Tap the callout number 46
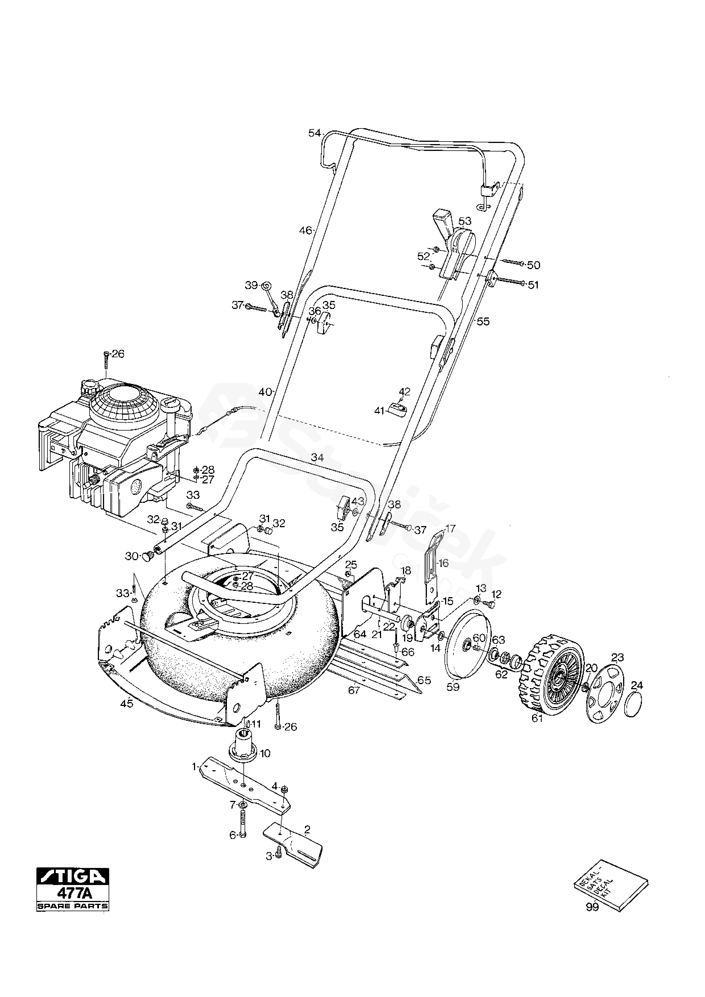point(305,230)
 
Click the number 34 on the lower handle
point(318,457)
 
